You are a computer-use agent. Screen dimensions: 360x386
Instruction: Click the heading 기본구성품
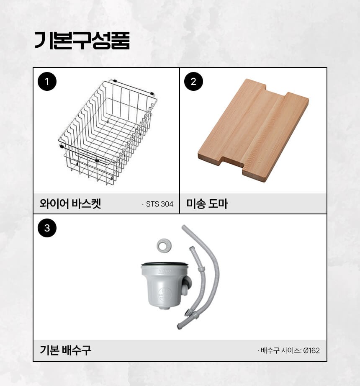(x=82, y=41)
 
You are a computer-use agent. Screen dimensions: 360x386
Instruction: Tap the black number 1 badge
(x=47, y=82)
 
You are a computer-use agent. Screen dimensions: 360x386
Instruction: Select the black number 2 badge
(x=194, y=82)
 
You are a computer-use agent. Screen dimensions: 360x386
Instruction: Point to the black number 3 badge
(x=47, y=228)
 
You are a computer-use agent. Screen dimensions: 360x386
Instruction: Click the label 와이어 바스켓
(x=70, y=204)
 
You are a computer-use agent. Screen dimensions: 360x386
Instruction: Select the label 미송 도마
(x=207, y=204)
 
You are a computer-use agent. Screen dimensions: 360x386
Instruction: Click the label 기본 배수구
(x=65, y=350)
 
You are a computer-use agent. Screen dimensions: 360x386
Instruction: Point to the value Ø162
(x=311, y=350)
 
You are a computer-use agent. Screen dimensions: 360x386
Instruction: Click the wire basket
(x=108, y=132)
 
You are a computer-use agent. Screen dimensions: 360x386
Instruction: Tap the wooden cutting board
(x=253, y=130)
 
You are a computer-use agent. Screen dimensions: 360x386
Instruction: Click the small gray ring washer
(x=164, y=245)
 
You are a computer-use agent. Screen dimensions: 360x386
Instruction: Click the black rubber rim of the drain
(x=165, y=264)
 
